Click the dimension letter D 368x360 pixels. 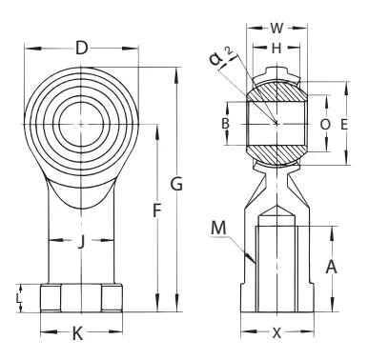tap(81, 49)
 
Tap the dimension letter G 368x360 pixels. tap(176, 184)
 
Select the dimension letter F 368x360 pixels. tap(156, 210)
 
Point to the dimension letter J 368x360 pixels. tap(81, 243)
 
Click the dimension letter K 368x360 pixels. tap(77, 333)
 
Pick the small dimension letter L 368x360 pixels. tap(19, 298)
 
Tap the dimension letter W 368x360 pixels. tap(276, 29)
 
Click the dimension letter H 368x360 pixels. tap(276, 49)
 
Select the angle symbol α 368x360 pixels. tap(216, 59)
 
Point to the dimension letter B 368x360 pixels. tap(225, 123)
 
